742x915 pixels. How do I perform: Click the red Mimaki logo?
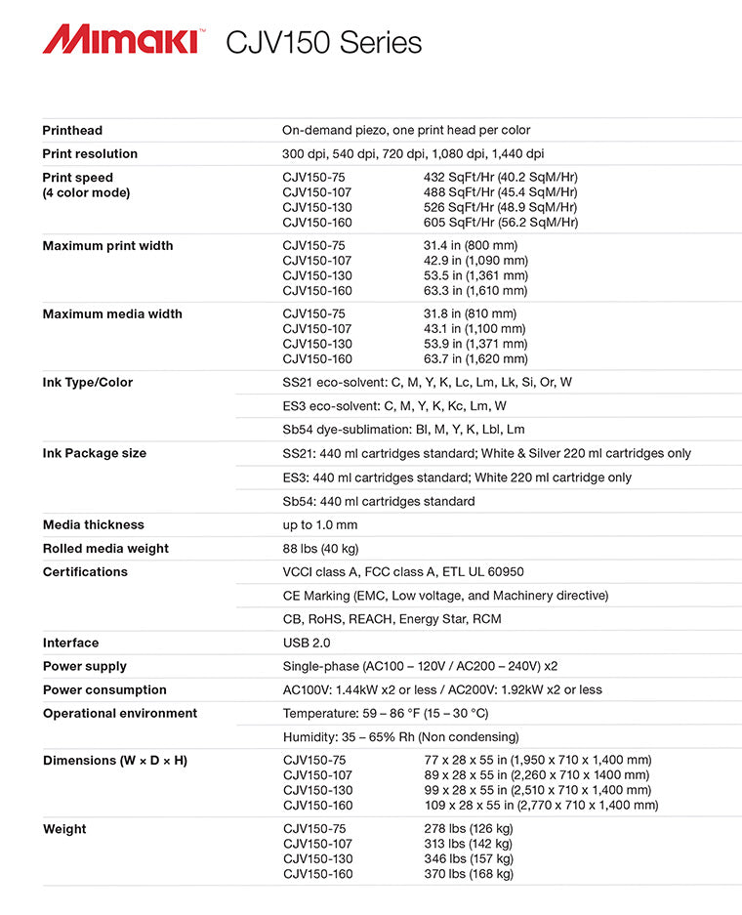122,41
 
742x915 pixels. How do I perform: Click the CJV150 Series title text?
323,43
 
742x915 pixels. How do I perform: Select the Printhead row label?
72,130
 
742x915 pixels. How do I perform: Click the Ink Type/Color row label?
88,382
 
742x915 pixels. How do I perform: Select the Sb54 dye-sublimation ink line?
403,429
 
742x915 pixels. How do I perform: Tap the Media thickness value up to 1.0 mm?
319,524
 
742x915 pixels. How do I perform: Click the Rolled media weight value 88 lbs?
320,548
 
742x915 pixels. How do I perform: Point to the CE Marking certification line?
445,595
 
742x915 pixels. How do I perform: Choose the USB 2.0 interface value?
307,643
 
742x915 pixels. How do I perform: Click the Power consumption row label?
104,689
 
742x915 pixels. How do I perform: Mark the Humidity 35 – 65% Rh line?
400,736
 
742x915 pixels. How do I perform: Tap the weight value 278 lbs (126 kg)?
469,829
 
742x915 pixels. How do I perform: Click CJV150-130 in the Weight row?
318,858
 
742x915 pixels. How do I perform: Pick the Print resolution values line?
413,153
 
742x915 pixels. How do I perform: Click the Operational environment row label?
119,713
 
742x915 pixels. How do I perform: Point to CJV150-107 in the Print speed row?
318,192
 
